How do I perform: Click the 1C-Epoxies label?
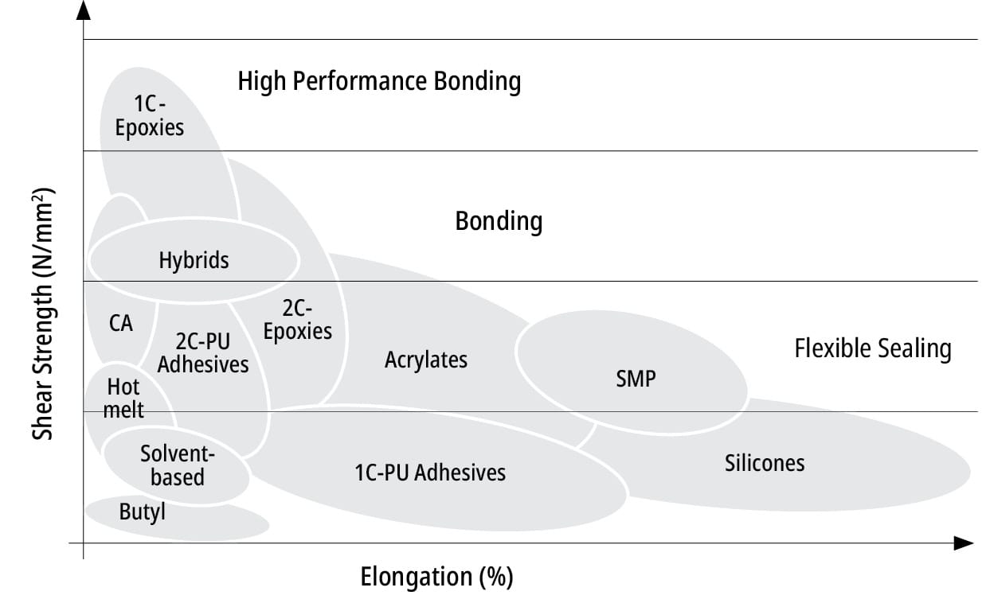(150, 116)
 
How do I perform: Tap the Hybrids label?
(194, 260)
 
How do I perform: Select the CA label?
(120, 323)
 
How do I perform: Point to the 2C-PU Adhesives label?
(203, 352)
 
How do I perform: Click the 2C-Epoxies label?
(298, 320)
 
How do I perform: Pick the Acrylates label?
(426, 360)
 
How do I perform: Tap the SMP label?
(636, 379)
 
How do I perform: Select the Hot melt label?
(123, 399)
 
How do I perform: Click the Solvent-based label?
(178, 465)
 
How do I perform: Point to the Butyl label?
(143, 512)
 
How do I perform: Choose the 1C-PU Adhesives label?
(430, 473)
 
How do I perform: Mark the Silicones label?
(765, 463)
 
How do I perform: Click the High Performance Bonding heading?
(379, 81)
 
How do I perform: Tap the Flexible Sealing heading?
(873, 348)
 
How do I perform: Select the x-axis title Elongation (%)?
(436, 577)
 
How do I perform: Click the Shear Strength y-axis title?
(43, 313)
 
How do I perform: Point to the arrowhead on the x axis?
(963, 543)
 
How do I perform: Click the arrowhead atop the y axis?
(83, 10)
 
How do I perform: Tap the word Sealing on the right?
(914, 349)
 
